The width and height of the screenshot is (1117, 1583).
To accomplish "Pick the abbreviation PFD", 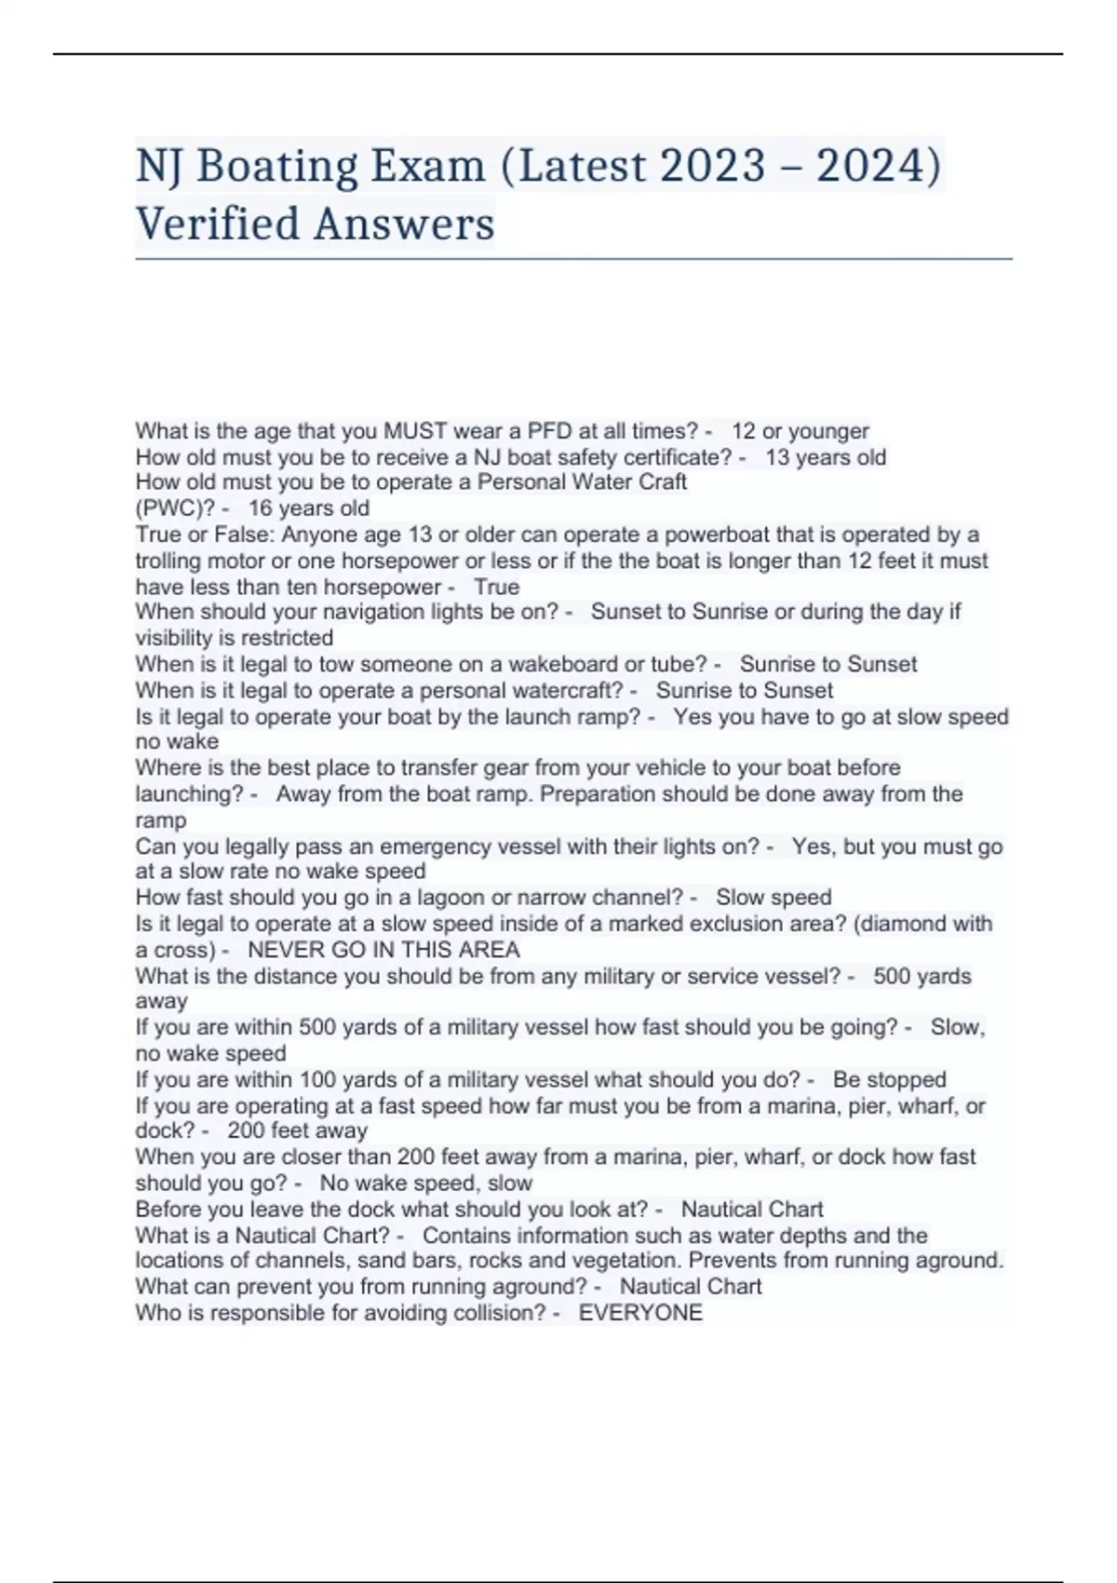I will click(550, 431).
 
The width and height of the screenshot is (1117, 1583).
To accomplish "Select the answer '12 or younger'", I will click(800, 431).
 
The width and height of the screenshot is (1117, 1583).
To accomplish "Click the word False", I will click(242, 534).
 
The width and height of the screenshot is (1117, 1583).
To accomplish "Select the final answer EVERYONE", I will click(640, 1313).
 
